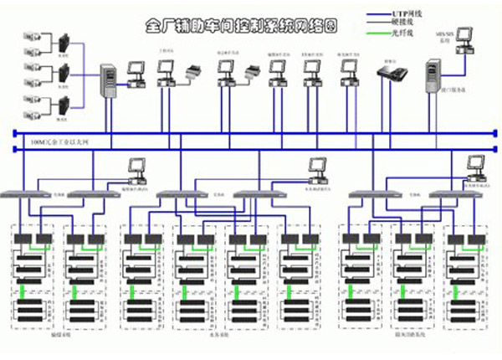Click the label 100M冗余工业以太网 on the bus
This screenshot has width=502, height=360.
point(57,143)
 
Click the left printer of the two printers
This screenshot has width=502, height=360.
point(193,71)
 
